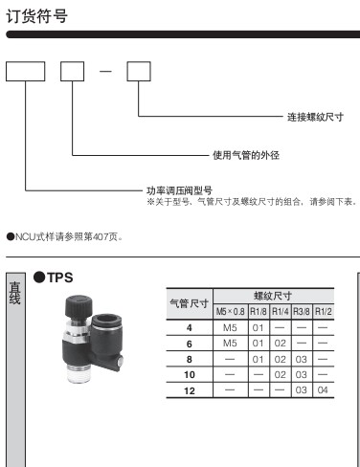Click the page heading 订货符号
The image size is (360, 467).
point(36,16)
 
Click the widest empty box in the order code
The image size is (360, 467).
point(26,72)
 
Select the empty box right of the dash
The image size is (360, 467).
point(139,72)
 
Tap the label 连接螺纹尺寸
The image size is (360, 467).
point(315,117)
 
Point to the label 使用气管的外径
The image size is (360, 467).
point(246,155)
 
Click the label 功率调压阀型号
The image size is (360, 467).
point(179,190)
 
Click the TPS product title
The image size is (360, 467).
point(60,278)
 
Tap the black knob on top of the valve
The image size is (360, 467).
point(79,306)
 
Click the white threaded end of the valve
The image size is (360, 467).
point(78,374)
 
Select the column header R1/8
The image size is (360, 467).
point(259,312)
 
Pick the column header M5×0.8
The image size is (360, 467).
point(231,312)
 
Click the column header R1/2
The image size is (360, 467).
point(324,312)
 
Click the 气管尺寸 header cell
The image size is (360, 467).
point(190,303)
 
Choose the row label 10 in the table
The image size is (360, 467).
point(190,374)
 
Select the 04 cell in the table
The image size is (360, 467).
point(323,390)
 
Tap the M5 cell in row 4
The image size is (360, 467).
point(230,327)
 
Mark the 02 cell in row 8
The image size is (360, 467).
point(281,359)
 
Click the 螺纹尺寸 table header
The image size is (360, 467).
point(273,296)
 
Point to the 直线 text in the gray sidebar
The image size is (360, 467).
point(15,293)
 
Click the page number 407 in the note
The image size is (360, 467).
point(101,237)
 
